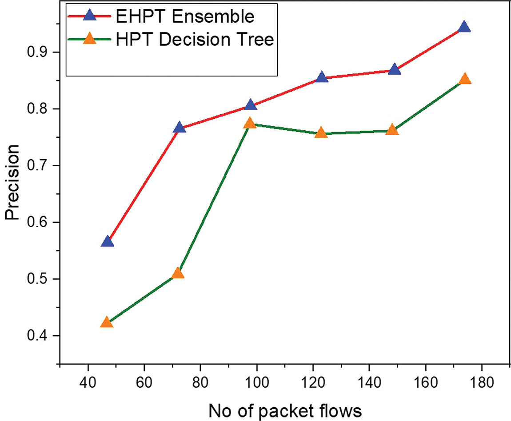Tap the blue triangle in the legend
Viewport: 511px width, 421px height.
90,16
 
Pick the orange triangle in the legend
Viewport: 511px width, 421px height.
90,39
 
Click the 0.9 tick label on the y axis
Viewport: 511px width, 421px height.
38,52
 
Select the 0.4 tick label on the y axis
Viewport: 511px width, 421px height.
38,336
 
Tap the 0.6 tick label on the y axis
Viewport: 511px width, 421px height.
38,222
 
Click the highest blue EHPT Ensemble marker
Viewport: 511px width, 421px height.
464,27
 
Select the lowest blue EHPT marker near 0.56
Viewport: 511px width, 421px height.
107,242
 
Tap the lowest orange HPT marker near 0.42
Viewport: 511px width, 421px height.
107,322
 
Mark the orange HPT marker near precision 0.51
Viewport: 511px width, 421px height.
178,273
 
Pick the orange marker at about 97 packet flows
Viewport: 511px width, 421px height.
250,123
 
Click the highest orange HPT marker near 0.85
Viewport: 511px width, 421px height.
465,79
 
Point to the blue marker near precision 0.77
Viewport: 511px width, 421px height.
179,128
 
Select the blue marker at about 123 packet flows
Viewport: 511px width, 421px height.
322,78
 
